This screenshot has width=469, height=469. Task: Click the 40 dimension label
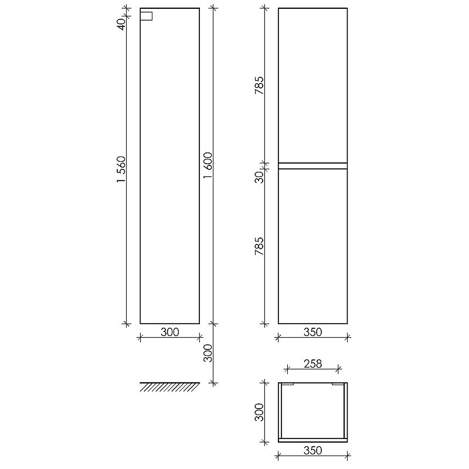tap(122, 24)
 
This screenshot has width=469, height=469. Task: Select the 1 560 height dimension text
tap(122, 169)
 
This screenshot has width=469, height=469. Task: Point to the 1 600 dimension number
tap(208, 165)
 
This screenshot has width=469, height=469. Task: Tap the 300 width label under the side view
tap(170, 332)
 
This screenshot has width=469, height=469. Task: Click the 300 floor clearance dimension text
tap(208, 353)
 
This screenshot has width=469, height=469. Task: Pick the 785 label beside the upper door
tap(259, 86)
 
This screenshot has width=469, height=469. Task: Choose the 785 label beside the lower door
tap(259, 246)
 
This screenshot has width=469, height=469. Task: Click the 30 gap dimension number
tap(259, 177)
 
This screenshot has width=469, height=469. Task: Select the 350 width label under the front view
tap(313, 332)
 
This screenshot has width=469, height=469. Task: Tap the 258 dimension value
tap(313, 363)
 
